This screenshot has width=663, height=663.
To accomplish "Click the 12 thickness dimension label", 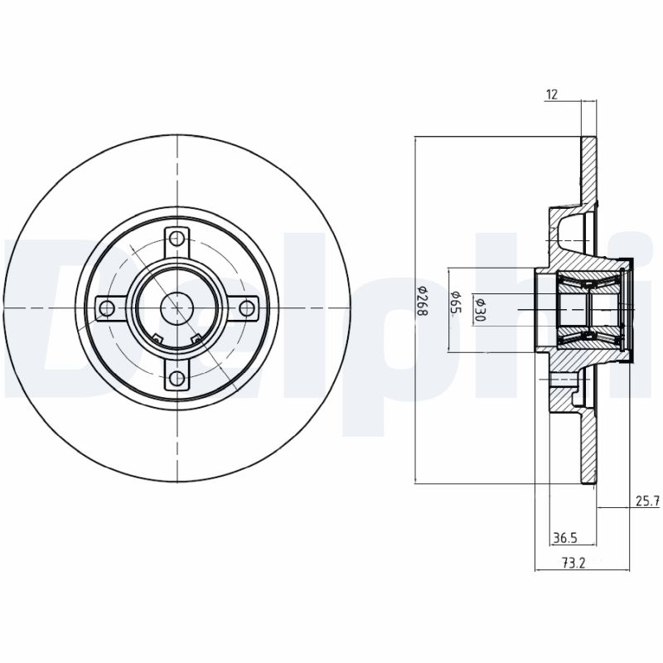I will click(x=551, y=94).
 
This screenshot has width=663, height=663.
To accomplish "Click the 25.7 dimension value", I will click(x=646, y=501).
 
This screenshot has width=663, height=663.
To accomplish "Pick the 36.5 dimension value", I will click(x=564, y=539).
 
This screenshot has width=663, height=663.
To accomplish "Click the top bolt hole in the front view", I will click(x=176, y=239).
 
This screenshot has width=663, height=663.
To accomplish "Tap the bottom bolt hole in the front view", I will click(x=176, y=379).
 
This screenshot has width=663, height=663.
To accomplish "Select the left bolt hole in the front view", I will click(x=106, y=309).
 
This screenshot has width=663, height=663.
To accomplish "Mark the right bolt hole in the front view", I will click(x=246, y=309).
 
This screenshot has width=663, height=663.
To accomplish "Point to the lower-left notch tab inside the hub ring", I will click(x=157, y=336).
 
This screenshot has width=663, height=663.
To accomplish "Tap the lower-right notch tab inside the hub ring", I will click(x=196, y=336).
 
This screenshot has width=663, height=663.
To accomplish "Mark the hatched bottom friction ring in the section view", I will click(x=588, y=448).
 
